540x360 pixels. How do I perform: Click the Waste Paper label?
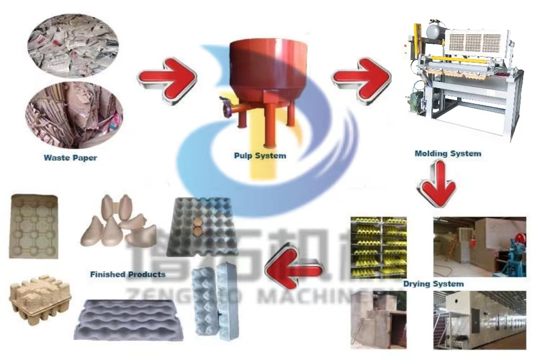71,158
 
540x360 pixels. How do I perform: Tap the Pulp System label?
260,155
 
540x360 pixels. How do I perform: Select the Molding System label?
448,154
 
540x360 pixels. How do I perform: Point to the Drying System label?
433,284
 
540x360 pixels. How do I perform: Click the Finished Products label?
128,274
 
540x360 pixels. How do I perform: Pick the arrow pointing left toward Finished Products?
294,270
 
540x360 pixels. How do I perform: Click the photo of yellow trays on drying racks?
379,247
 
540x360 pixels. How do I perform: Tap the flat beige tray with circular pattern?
34,226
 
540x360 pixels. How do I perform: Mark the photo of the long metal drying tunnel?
479,320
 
